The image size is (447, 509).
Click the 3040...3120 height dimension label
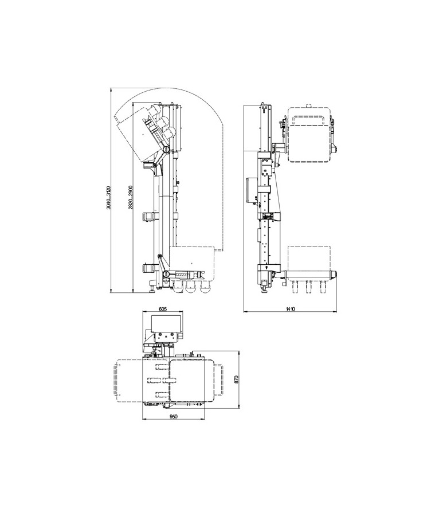tap(108, 197)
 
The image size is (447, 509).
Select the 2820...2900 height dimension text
tap(130, 197)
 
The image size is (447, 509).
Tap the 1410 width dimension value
tap(290, 309)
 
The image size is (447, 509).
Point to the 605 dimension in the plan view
tap(163, 309)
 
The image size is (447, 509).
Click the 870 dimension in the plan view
tap(236, 379)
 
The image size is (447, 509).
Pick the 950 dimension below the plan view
tap(173, 417)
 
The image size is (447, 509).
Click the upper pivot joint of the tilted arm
tap(166, 150)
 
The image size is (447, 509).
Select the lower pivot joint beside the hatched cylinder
tap(166, 273)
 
